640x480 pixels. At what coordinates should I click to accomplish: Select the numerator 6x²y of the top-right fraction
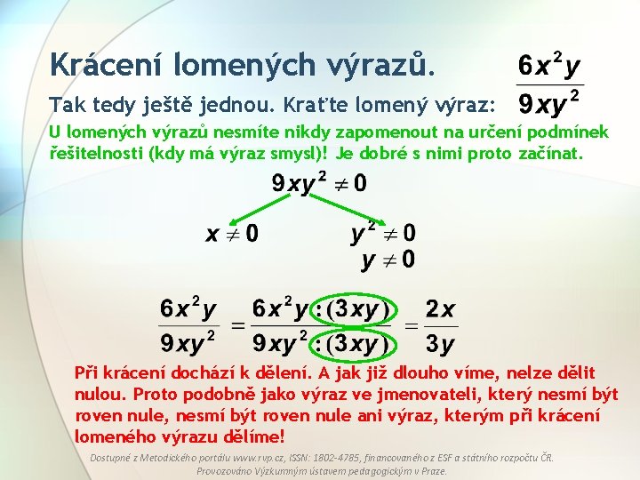point(549,65)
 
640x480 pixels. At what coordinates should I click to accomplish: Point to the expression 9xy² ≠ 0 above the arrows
point(318,185)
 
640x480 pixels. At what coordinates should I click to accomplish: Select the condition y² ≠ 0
point(383,234)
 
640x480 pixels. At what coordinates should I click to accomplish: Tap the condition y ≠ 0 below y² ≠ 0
point(388,260)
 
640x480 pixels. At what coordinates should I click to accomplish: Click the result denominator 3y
point(440,343)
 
